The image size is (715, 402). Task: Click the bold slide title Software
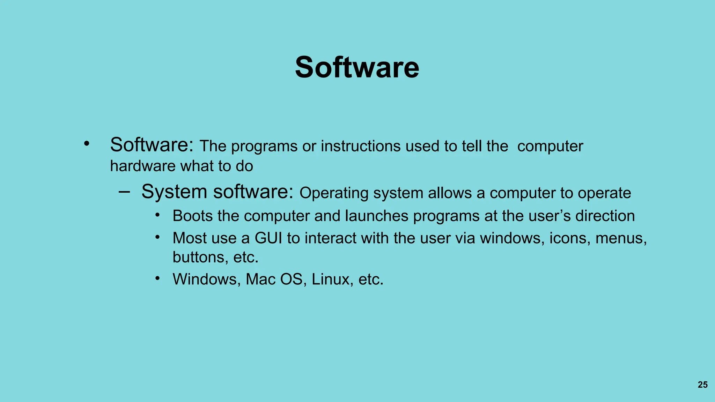pos(357,67)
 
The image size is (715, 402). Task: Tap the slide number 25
pos(702,385)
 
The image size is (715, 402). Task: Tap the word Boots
pos(193,216)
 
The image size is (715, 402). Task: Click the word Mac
pos(260,280)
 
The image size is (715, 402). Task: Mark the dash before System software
pos(124,192)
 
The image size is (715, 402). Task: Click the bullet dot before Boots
pos(158,215)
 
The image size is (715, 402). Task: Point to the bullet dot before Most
pos(158,237)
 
